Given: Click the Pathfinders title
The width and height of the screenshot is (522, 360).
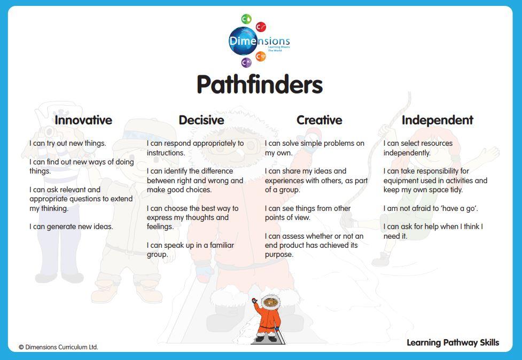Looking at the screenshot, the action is [x=260, y=84].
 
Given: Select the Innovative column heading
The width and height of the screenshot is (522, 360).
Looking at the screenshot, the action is [x=83, y=120].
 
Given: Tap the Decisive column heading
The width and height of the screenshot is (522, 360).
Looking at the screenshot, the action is [x=201, y=120].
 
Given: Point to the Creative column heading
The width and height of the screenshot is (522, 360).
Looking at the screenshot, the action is [x=320, y=120].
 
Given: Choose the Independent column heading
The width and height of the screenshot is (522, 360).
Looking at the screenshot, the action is [x=438, y=120].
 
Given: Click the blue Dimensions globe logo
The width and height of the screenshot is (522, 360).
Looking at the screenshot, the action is [x=243, y=41].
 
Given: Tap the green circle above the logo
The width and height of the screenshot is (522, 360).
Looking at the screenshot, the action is [x=246, y=19].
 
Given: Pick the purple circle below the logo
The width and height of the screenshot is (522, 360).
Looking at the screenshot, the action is [x=246, y=62].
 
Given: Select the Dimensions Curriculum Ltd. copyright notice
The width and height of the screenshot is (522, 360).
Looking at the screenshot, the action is [x=58, y=347].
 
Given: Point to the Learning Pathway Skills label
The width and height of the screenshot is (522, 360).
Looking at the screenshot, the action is [x=453, y=343].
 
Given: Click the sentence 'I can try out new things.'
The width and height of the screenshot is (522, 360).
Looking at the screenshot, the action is [x=67, y=143].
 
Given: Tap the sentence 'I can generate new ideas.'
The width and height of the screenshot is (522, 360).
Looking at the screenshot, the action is [x=71, y=226].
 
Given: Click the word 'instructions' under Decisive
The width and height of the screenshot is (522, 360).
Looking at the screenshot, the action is [x=166, y=153].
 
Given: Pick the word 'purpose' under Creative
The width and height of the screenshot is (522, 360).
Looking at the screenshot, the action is [x=279, y=255].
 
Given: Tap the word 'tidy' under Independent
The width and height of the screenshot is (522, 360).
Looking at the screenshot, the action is [x=455, y=190].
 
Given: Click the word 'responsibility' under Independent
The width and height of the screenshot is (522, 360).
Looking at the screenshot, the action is [x=435, y=171].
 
